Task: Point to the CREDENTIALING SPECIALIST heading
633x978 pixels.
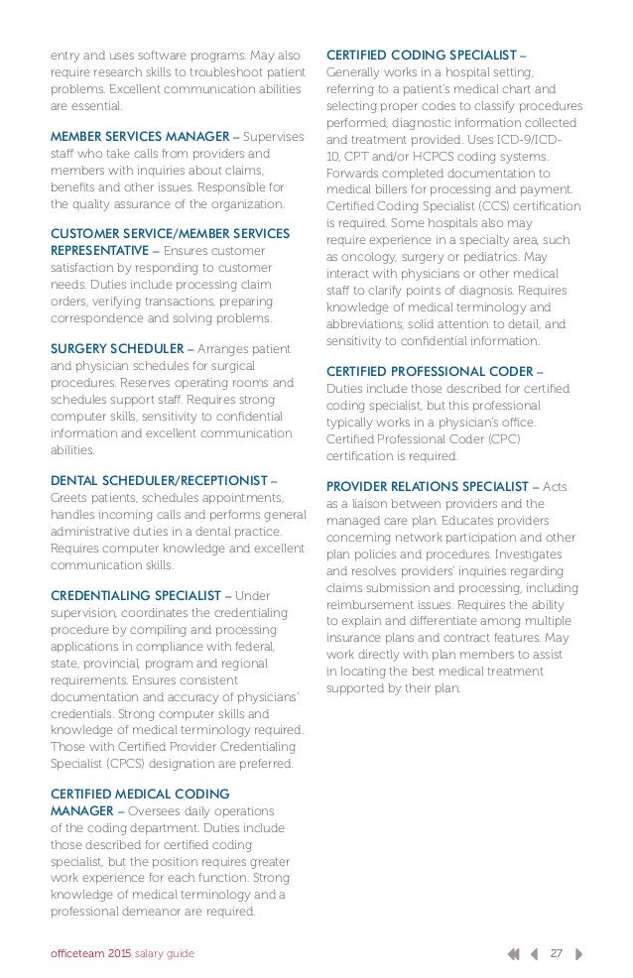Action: pos(135,595)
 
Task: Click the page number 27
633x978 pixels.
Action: pos(557,953)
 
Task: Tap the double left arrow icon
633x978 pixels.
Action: pos(513,953)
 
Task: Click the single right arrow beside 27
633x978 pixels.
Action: pos(578,953)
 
